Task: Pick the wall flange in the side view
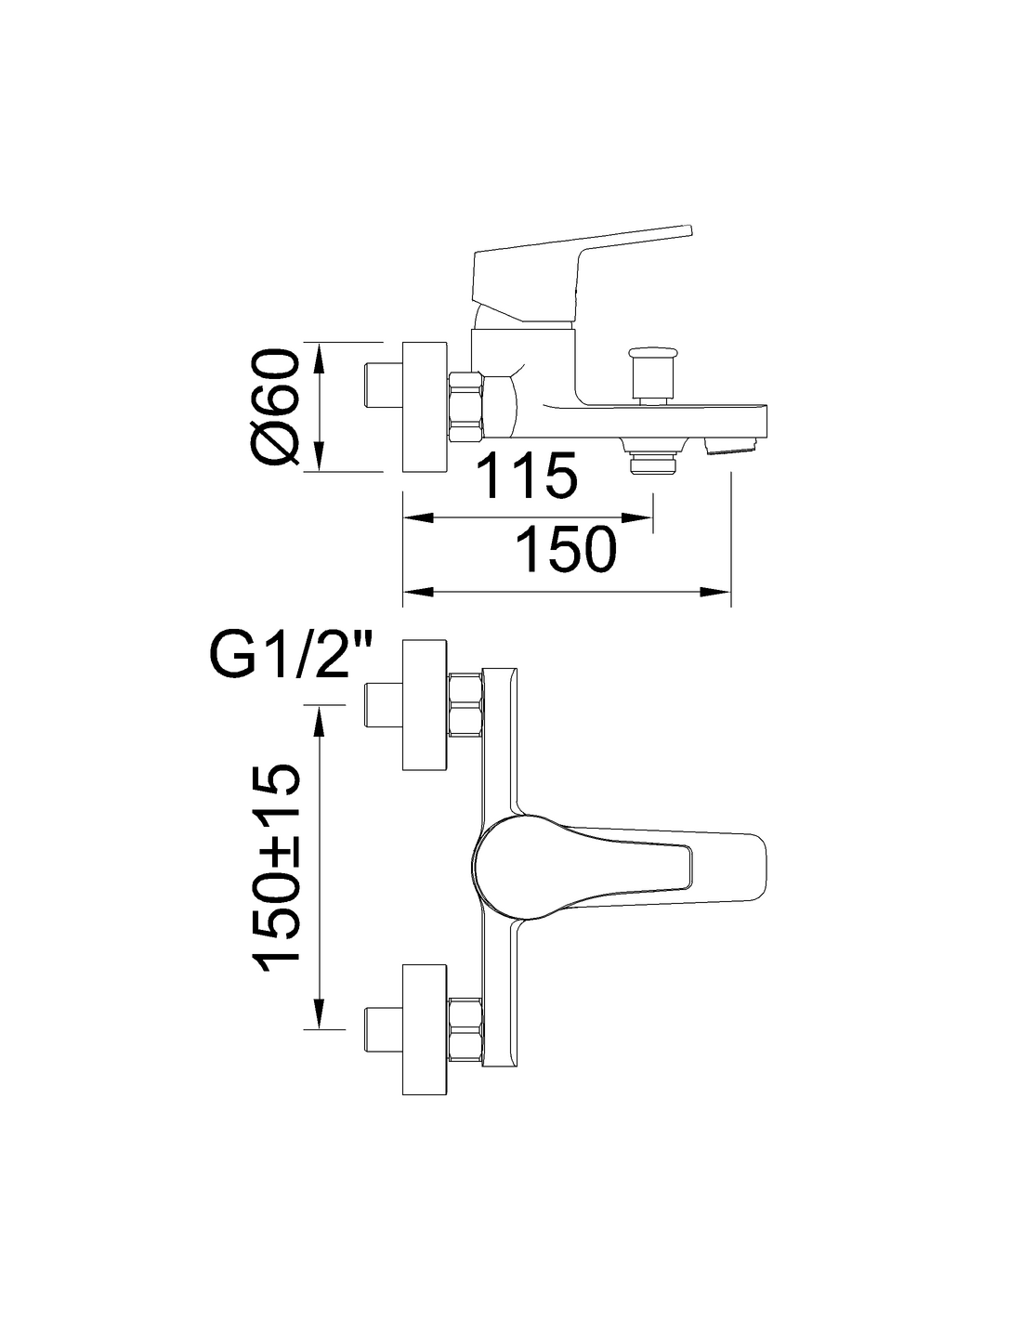click(x=425, y=407)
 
